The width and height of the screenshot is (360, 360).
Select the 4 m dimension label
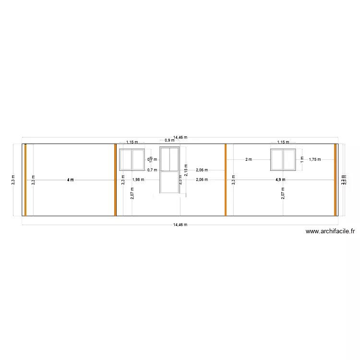point(71,180)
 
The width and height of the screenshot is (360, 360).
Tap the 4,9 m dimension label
point(280,180)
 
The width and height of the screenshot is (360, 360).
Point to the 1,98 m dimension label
point(138,180)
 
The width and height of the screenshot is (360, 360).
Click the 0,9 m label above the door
point(169,141)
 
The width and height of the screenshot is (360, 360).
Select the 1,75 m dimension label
point(315,159)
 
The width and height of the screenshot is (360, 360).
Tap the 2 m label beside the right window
point(248,159)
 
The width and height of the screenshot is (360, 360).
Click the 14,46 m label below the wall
point(180,225)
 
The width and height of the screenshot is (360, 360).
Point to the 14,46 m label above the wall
point(180,137)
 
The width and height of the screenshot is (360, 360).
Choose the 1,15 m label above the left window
point(132,142)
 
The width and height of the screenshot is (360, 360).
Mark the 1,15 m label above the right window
point(283,142)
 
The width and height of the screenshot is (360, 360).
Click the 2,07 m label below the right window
point(283,193)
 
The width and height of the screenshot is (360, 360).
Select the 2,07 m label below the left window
point(132,193)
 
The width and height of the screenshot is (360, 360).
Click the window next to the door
point(132,159)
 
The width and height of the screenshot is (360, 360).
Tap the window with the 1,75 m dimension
point(283,159)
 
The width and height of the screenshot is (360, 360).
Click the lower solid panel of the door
point(169,182)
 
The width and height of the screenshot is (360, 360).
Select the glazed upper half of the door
point(169,159)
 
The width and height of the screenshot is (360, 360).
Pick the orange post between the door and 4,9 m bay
point(225,180)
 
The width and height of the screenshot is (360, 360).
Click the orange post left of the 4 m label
point(25,180)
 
